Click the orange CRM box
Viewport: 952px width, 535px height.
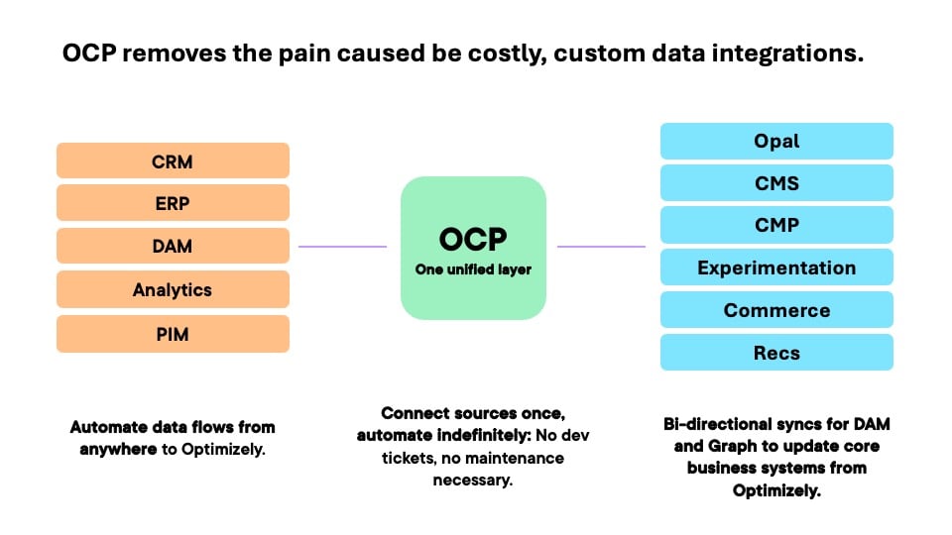(173, 160)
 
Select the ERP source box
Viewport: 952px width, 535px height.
(173, 203)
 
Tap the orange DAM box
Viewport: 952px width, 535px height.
(173, 246)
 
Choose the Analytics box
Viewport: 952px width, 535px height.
(173, 289)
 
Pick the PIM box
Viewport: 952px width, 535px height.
(173, 334)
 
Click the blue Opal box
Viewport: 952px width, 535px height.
(776, 141)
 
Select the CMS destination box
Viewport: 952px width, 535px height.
(776, 183)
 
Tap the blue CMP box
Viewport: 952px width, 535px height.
(776, 225)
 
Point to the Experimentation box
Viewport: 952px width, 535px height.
(776, 267)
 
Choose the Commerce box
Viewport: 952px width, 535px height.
(776, 310)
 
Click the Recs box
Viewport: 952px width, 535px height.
(776, 353)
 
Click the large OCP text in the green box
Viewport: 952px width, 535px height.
(473, 240)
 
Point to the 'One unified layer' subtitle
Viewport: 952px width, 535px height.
(473, 268)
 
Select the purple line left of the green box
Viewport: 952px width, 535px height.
(342, 247)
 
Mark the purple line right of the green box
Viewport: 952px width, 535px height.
(601, 247)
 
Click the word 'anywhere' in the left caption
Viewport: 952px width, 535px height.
(112, 447)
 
